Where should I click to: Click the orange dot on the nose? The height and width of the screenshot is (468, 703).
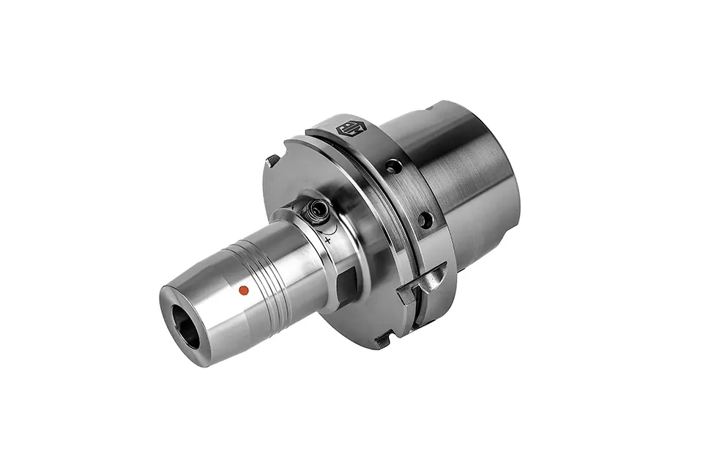245,291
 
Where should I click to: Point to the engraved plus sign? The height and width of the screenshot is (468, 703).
327,239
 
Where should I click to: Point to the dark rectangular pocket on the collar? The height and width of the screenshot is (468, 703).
347,279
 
